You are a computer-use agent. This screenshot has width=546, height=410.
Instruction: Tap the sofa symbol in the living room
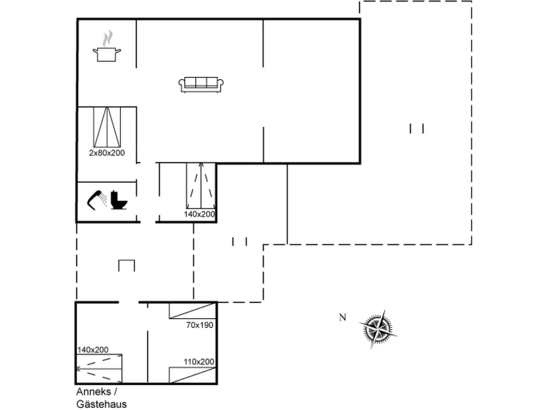tap(201, 84)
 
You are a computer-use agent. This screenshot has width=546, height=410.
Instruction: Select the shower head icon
tap(97, 200)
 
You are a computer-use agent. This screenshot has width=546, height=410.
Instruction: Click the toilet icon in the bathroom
tap(118, 200)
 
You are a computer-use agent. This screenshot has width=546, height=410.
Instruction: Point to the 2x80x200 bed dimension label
tap(107, 153)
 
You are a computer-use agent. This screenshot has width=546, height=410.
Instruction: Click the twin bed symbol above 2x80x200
tap(107, 127)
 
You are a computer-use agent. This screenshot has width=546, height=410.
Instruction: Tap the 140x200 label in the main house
tap(199, 214)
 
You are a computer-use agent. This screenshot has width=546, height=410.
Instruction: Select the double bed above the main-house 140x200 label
tap(201, 186)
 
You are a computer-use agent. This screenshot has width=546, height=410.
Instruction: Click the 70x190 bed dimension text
tap(200, 325)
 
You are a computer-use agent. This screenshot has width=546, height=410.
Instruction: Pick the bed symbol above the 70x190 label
tap(192, 311)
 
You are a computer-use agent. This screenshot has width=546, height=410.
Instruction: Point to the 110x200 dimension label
tap(199, 362)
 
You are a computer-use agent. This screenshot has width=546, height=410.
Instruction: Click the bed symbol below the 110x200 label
tap(192, 375)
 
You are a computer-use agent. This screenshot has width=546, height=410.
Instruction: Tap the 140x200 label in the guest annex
tap(93, 350)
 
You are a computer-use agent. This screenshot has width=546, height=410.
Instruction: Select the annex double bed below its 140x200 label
tap(99, 369)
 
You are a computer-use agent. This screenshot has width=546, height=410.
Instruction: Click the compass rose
tap(378, 329)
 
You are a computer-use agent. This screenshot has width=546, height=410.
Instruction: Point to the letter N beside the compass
tap(343, 317)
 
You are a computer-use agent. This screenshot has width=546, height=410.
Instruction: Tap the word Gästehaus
tap(102, 404)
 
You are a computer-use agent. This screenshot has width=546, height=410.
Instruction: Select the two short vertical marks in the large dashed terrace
tap(417, 128)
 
